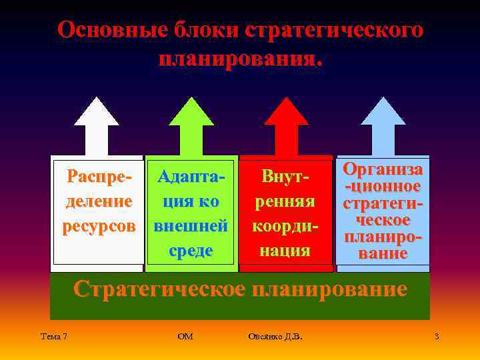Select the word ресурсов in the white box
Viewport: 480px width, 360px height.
[99, 226]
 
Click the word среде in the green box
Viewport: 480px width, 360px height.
[191, 251]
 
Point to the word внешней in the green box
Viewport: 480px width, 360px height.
[191, 226]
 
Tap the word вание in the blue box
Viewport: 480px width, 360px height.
[383, 254]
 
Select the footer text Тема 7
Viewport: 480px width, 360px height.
[53, 337]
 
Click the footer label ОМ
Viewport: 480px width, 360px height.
[186, 337]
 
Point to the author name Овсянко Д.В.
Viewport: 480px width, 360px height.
[275, 337]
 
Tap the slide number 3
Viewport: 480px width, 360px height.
[436, 337]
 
